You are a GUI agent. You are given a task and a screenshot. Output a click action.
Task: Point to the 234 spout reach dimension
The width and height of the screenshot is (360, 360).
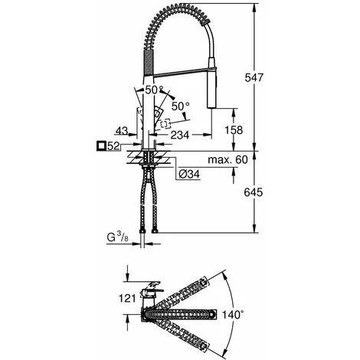pos(180,135)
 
